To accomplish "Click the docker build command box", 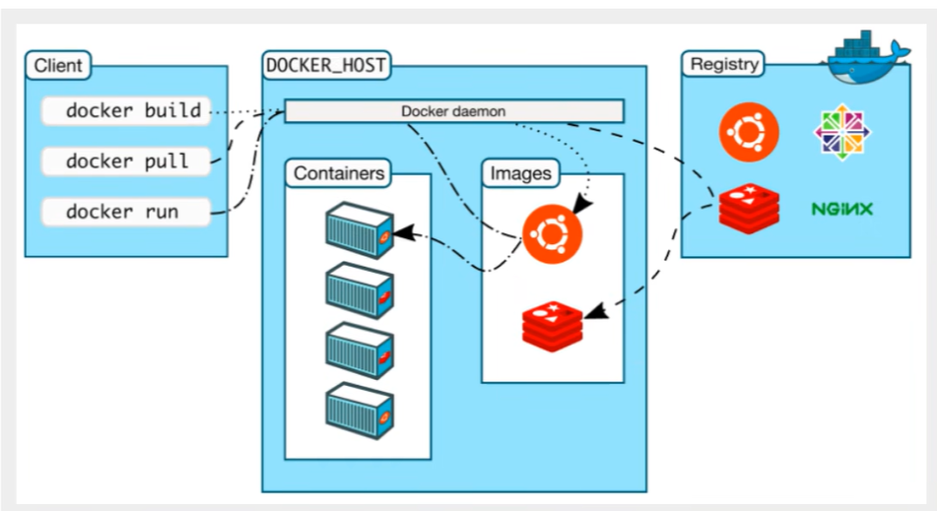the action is pos(126,111).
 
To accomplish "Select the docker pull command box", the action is pos(126,161).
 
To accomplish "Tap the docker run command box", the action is pos(126,212).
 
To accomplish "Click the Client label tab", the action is pos(58,65).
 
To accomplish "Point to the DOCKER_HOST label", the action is pos(326,65).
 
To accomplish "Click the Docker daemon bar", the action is pos(454,111).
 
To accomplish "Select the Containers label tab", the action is pos(338,173).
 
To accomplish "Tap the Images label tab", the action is pos(520,173).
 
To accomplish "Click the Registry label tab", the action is pos(723,64).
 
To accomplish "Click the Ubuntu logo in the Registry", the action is pos(749,132).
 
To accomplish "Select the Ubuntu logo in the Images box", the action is pos(552,234).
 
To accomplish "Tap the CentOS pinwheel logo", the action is pos(842,132).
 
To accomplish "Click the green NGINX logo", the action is pos(842,209).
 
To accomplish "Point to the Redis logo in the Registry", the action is pos(749,209).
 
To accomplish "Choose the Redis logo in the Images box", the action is pos(552,326).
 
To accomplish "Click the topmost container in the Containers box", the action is pos(360,230).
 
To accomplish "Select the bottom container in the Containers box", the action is pos(360,412).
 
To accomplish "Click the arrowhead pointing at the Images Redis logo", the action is pos(596,310).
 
